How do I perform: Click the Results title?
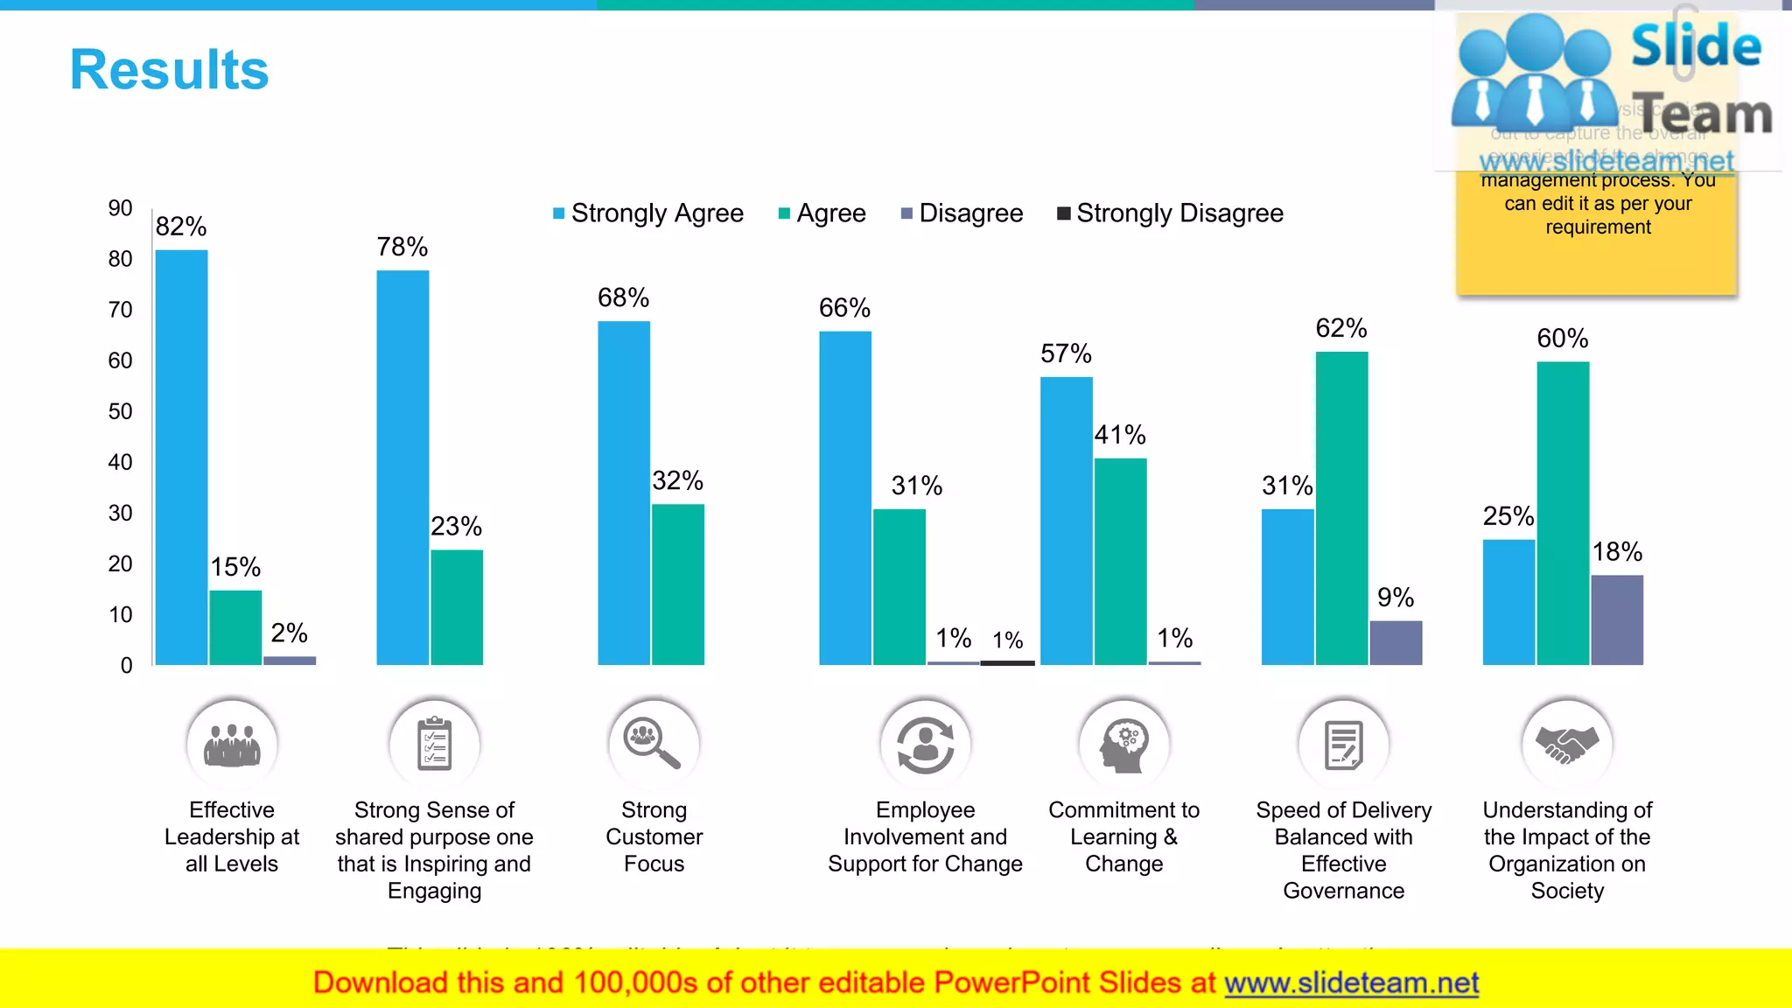(x=169, y=70)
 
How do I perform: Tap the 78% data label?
(x=402, y=247)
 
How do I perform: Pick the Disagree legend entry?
(x=962, y=213)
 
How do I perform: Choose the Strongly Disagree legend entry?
(x=1170, y=213)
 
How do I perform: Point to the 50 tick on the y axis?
(x=120, y=411)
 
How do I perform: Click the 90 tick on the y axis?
(x=120, y=208)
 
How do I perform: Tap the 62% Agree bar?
(x=1341, y=507)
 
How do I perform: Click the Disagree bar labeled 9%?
(x=1396, y=643)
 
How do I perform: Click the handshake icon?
(x=1567, y=744)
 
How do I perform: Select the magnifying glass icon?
(x=653, y=744)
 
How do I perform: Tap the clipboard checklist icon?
(x=434, y=744)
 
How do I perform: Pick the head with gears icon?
(x=1124, y=744)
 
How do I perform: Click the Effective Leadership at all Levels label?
(x=232, y=836)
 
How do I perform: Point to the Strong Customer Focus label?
(x=654, y=836)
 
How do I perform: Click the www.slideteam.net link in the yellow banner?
(x=1351, y=983)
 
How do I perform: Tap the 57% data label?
(x=1066, y=353)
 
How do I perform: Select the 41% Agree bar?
(x=1120, y=561)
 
